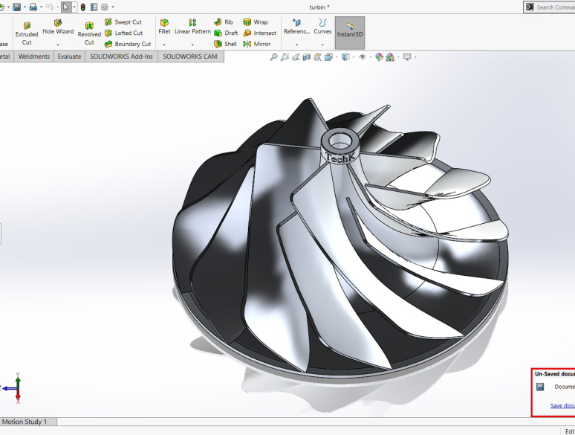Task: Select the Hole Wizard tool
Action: [58, 28]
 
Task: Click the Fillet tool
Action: [164, 28]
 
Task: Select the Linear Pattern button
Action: [192, 28]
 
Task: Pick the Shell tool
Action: [225, 44]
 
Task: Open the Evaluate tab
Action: [69, 57]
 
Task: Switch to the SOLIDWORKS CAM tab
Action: [190, 57]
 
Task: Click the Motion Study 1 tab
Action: [25, 422]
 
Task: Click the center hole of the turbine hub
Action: [341, 139]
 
